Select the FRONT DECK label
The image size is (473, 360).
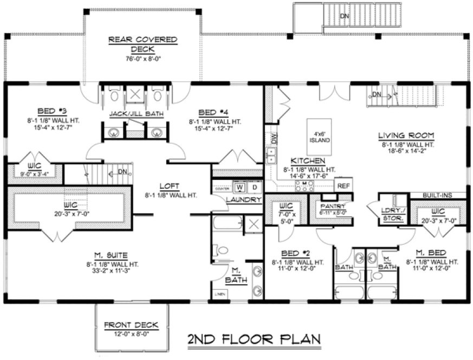click(131, 325)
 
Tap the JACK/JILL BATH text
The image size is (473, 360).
click(134, 114)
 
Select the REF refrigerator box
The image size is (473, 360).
click(342, 185)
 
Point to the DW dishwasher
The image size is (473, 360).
click(274, 139)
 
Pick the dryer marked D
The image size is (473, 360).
click(254, 188)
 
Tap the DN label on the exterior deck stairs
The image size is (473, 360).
click(344, 16)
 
